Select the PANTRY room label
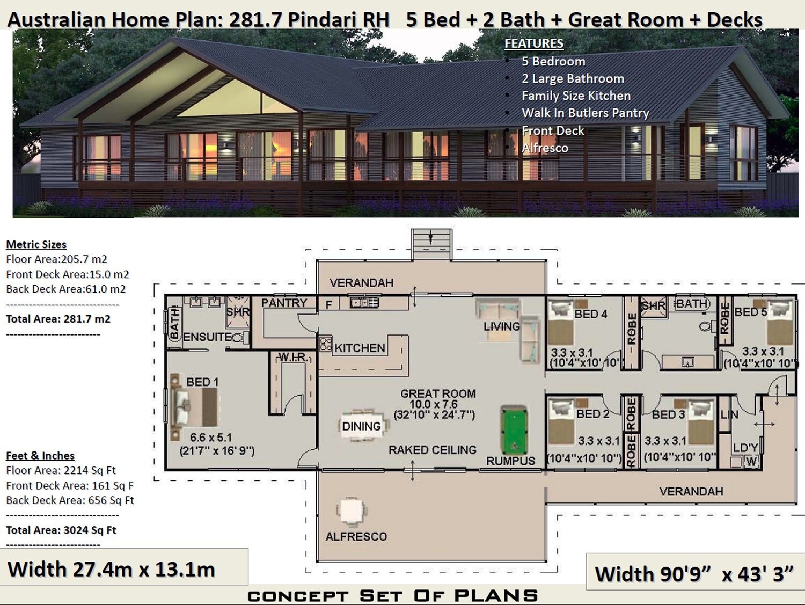[284, 303]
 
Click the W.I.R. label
[292, 357]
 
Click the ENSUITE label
[207, 337]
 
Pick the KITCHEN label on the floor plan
[360, 348]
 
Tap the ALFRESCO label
[356, 536]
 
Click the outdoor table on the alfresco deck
[352, 512]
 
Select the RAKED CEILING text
[432, 450]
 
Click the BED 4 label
[590, 314]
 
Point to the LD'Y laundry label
[745, 448]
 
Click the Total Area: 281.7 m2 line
[58, 319]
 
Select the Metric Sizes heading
[36, 245]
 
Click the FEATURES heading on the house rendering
[534, 43]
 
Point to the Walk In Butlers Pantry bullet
[585, 113]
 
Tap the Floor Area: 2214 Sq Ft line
[61, 471]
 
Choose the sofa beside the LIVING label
[529, 338]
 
